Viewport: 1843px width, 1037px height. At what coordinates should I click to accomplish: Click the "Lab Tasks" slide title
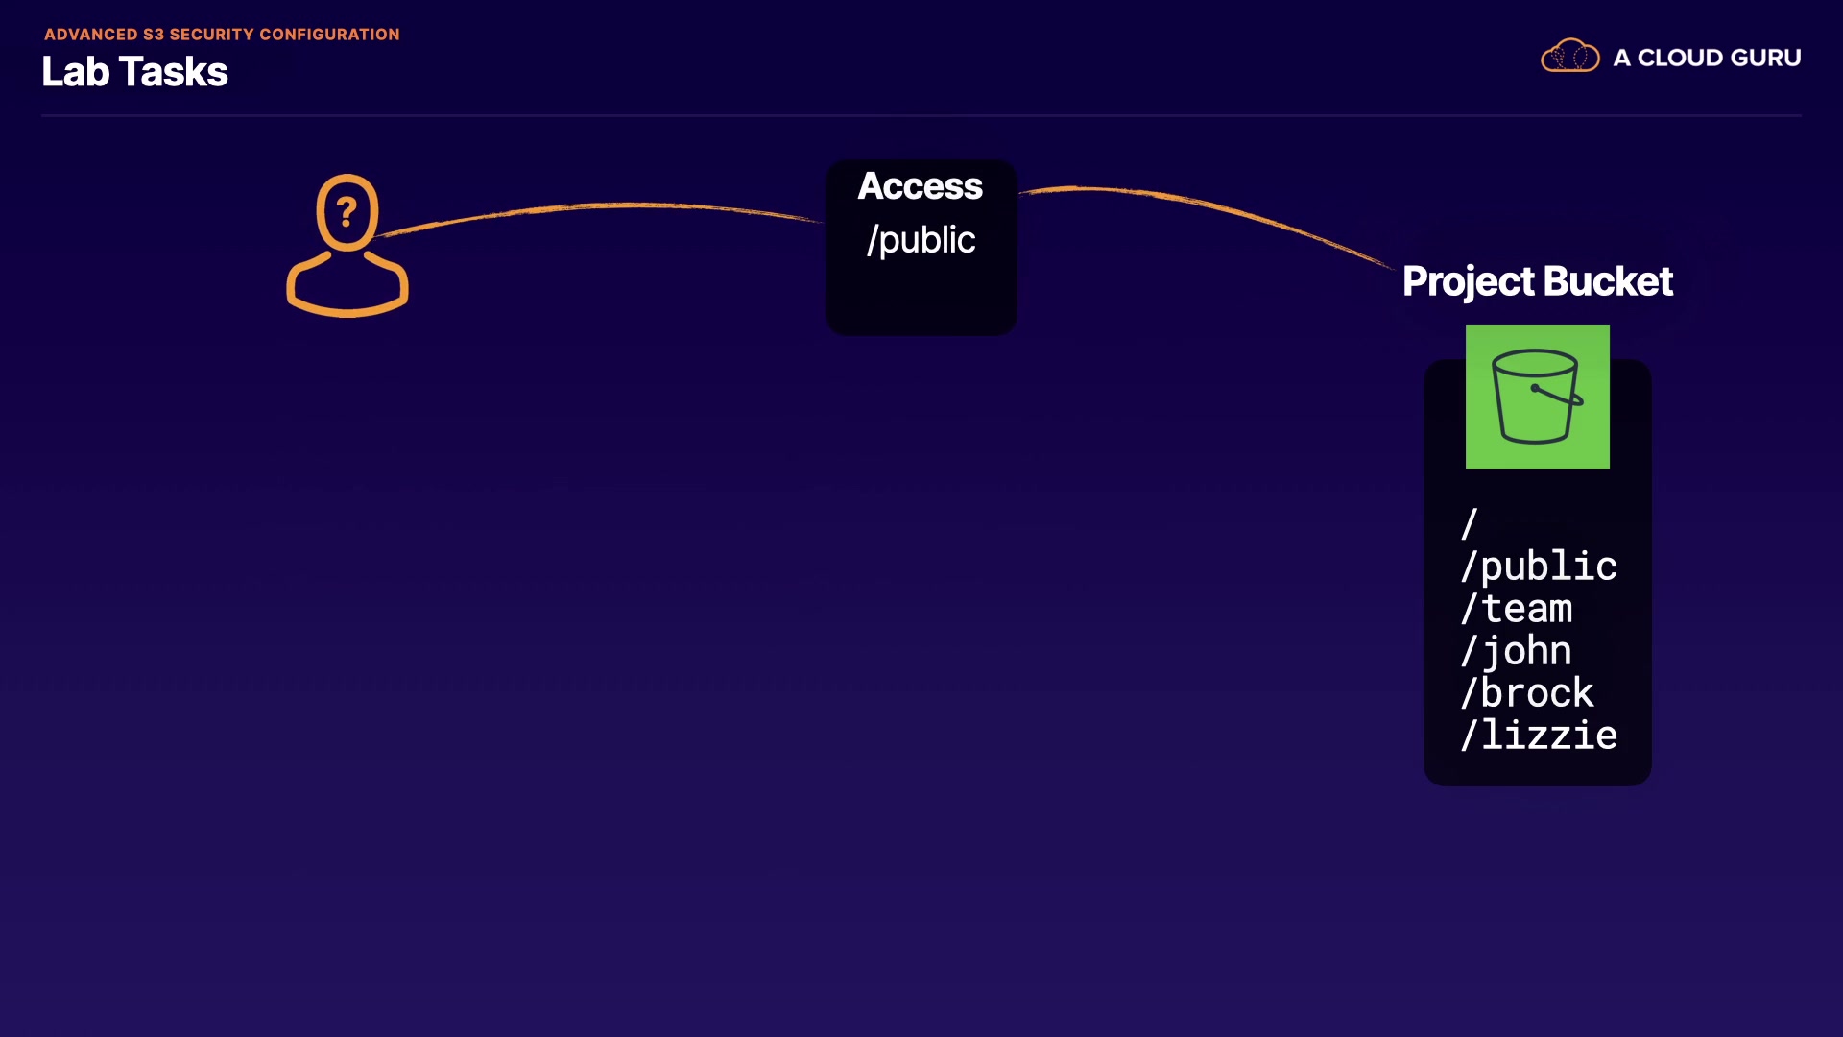pyautogui.click(x=134, y=72)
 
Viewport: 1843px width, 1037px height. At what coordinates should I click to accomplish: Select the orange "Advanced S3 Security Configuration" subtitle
pyautogui.click(x=222, y=35)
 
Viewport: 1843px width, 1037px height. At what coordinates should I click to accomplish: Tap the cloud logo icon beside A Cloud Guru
pyautogui.click(x=1569, y=57)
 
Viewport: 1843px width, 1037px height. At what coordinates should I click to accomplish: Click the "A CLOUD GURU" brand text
pyautogui.click(x=1707, y=58)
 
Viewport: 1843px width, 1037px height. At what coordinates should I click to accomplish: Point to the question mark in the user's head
pyautogui.click(x=347, y=211)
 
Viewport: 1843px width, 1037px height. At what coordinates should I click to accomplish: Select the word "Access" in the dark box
pyautogui.click(x=920, y=186)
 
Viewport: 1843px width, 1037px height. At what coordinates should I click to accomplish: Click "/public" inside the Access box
pyautogui.click(x=921, y=240)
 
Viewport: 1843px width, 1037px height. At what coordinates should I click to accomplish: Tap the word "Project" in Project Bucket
pyautogui.click(x=1468, y=282)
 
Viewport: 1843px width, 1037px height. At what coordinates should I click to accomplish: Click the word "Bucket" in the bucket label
pyautogui.click(x=1608, y=281)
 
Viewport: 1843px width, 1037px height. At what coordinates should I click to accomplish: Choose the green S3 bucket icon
pyautogui.click(x=1537, y=397)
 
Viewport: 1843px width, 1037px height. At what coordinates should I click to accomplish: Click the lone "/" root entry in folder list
pyautogui.click(x=1469, y=524)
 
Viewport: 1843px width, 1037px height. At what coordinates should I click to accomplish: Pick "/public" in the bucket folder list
pyautogui.click(x=1538, y=567)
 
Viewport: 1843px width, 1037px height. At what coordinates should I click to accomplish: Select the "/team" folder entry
pyautogui.click(x=1517, y=609)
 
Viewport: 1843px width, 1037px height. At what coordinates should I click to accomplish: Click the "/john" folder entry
pyautogui.click(x=1517, y=651)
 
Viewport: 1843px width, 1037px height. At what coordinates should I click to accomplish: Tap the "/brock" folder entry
pyautogui.click(x=1527, y=693)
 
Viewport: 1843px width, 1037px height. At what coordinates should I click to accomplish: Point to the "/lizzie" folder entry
pyautogui.click(x=1538, y=736)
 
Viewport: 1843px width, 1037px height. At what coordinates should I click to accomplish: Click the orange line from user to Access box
pyautogui.click(x=605, y=205)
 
